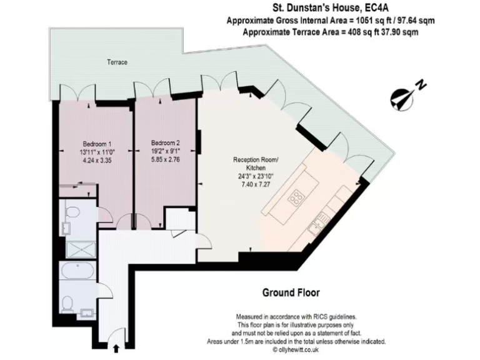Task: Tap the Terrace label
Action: [x=116, y=62]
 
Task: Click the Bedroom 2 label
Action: [x=165, y=142]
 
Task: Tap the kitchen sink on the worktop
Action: [x=322, y=218]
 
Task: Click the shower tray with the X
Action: [x=79, y=249]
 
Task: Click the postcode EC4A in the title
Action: [x=381, y=8]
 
